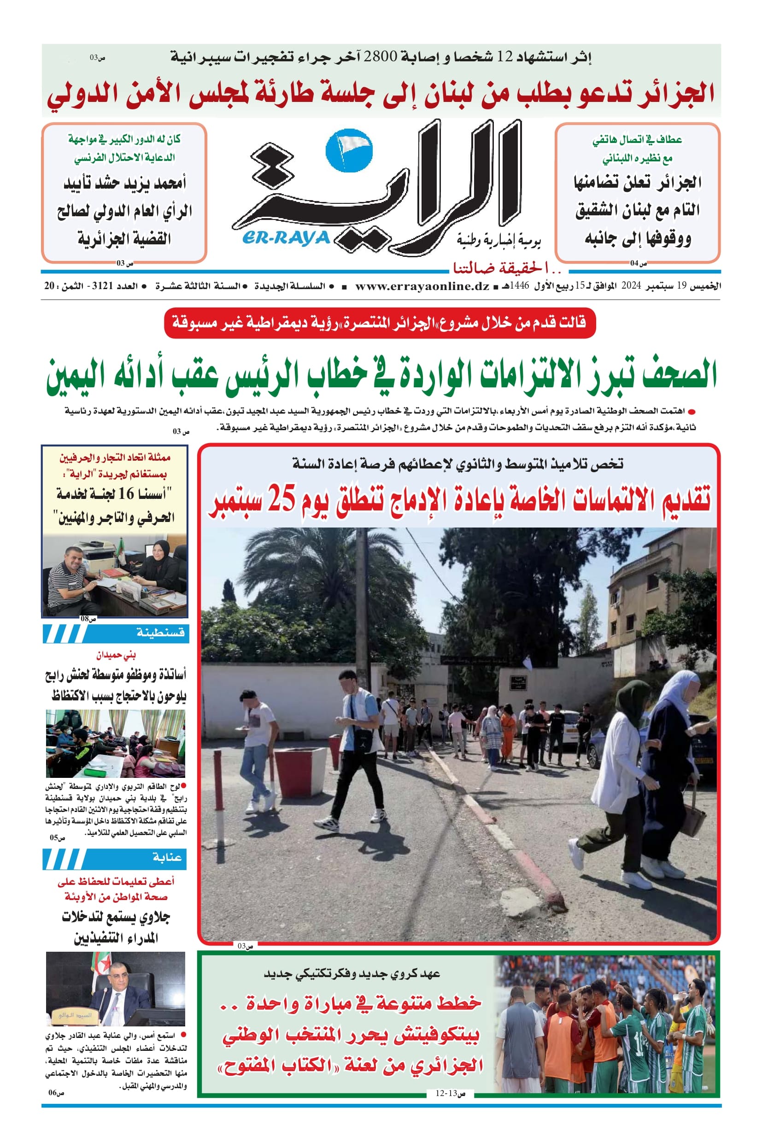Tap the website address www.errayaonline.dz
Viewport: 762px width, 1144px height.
[422, 286]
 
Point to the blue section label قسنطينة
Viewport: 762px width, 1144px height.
[160, 633]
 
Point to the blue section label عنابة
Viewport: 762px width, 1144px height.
[167, 857]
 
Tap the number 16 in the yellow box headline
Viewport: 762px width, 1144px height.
[126, 494]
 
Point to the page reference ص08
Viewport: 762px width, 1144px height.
[88, 619]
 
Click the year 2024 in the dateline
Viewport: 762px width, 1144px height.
[632, 286]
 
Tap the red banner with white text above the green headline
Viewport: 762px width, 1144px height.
[380, 322]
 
